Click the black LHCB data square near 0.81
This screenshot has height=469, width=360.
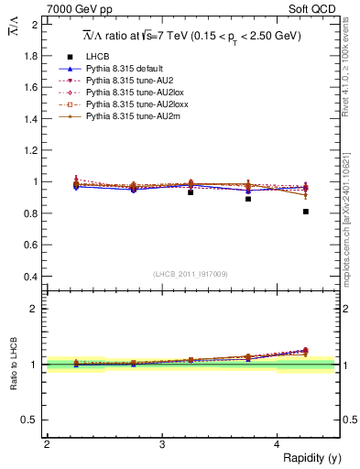click(306, 212)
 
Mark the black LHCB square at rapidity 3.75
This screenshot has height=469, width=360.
click(248, 199)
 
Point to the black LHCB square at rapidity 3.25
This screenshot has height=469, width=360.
click(191, 192)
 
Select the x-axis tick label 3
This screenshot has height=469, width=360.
click(162, 444)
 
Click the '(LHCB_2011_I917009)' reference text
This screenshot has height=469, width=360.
click(191, 274)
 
